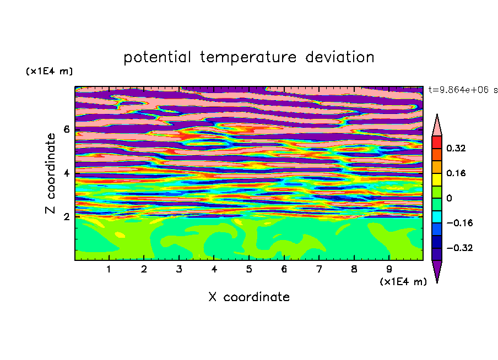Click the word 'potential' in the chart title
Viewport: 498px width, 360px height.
158,58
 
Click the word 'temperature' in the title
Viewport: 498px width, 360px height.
248,57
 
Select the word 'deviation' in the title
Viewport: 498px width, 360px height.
340,57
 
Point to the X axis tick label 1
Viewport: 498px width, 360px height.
109,269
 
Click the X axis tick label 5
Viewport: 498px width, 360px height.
249,269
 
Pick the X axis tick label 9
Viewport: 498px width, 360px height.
389,269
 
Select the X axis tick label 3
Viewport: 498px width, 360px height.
179,269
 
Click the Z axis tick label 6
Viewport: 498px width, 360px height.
66,129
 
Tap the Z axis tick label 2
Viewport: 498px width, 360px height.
66,217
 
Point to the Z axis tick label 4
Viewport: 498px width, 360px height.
66,173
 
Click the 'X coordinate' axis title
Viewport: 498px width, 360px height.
249,297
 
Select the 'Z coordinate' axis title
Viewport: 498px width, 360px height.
50,173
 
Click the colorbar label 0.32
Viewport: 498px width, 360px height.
456,148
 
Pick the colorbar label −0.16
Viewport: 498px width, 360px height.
459,223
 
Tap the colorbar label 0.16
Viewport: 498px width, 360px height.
456,173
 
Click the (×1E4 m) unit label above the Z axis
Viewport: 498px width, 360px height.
49,71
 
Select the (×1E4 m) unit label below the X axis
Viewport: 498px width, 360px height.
403,281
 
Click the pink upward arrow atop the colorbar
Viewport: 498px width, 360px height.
437,126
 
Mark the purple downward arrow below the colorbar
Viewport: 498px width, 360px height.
437,270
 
